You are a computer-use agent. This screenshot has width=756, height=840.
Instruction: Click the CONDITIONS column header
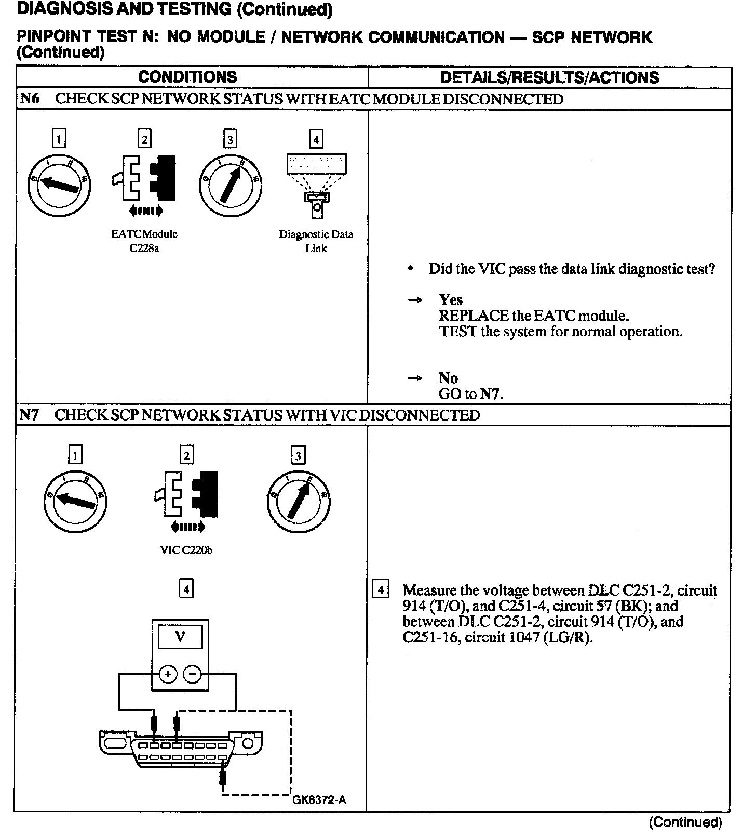(187, 77)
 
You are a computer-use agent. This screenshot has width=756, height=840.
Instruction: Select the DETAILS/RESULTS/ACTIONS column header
(549, 78)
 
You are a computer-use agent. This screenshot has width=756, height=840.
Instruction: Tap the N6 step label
(29, 99)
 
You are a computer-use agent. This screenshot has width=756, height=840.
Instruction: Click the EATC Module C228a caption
(144, 241)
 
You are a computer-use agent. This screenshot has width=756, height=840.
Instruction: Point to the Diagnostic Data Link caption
(316, 241)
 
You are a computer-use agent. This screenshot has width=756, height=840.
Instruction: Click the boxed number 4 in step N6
(316, 139)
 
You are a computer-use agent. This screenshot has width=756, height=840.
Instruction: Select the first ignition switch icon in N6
(59, 185)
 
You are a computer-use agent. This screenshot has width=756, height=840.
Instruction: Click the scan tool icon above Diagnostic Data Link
(316, 185)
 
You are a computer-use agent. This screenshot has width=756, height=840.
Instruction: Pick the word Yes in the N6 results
(450, 300)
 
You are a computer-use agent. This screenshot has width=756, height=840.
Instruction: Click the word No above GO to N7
(448, 378)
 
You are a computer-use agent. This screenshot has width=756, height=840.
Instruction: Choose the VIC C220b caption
(186, 550)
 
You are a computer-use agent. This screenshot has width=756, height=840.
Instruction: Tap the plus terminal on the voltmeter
(168, 675)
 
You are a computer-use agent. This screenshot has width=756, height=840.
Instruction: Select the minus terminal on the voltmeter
(192, 675)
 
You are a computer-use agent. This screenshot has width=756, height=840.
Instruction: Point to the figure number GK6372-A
(319, 799)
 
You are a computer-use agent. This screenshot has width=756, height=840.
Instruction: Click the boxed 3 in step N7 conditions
(298, 456)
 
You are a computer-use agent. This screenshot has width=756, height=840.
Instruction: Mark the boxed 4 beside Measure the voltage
(381, 590)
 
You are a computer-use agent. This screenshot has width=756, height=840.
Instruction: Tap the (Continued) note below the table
(685, 822)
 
